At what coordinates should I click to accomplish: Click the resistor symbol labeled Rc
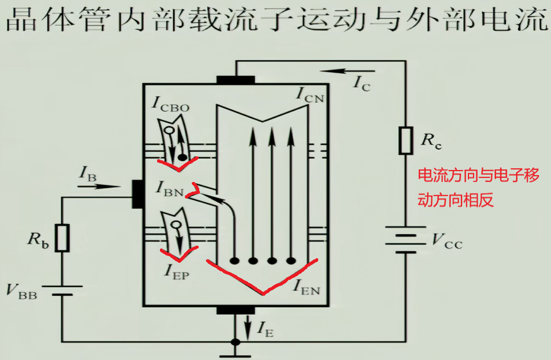pos(405,140)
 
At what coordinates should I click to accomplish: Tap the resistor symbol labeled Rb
pos(63,237)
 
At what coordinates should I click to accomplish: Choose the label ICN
pos(310,94)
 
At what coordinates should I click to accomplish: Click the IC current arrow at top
pos(339,71)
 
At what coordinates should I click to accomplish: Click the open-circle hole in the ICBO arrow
pos(169,131)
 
